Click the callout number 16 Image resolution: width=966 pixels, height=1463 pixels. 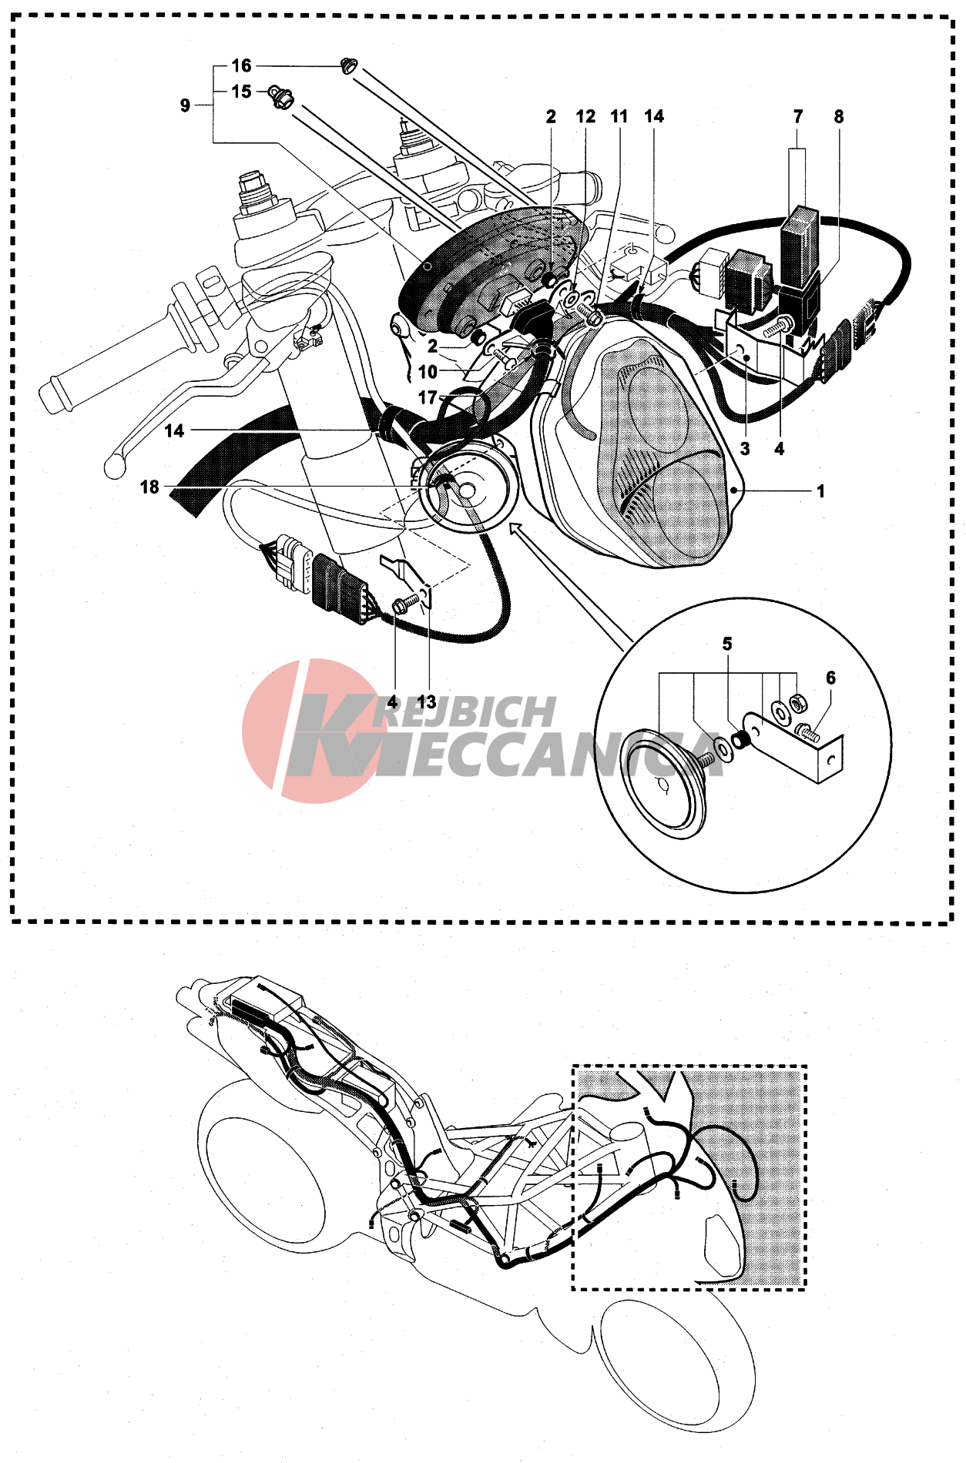pyautogui.click(x=241, y=66)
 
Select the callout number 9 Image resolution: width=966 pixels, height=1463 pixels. pyautogui.click(x=185, y=105)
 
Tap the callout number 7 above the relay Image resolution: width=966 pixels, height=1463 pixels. pyautogui.click(x=798, y=116)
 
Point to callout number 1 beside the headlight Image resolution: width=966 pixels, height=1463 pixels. pyautogui.click(x=821, y=491)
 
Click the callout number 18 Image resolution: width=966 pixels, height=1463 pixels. pyautogui.click(x=149, y=487)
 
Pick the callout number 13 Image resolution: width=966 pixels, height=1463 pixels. pyautogui.click(x=427, y=702)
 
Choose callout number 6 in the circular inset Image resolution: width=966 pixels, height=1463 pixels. pyautogui.click(x=830, y=678)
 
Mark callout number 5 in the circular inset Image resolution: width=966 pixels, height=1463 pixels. pyautogui.click(x=727, y=644)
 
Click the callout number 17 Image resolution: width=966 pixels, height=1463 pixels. pyautogui.click(x=428, y=398)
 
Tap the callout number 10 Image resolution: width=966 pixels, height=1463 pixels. pyautogui.click(x=428, y=373)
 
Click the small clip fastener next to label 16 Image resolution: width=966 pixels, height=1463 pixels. pyautogui.click(x=349, y=67)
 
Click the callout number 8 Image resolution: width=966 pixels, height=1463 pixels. pyautogui.click(x=839, y=117)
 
